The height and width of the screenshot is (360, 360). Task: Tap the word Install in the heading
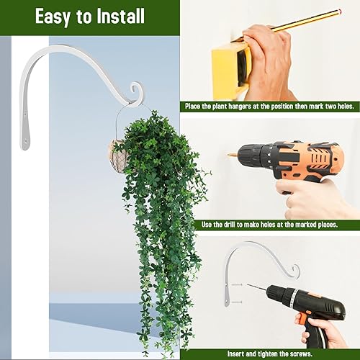pos(120,16)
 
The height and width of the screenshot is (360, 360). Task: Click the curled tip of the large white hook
pos(134,90)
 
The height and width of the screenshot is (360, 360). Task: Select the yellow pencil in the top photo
pos(302,21)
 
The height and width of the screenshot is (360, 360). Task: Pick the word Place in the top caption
pos(197,107)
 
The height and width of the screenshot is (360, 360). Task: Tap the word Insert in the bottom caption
pos(237,354)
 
